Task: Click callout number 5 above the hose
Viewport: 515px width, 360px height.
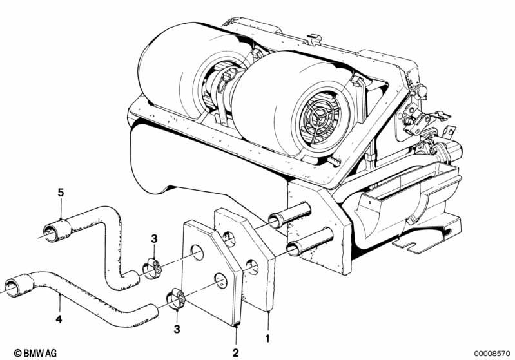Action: tap(61, 193)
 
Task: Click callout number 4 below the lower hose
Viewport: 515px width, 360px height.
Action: tap(59, 319)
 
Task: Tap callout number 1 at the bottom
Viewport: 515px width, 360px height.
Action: tap(267, 338)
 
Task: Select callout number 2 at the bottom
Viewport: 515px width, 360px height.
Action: tap(235, 353)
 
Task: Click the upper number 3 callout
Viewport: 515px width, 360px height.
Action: tap(154, 239)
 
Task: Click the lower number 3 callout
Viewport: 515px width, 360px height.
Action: tap(177, 329)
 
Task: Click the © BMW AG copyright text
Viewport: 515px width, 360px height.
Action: tap(35, 353)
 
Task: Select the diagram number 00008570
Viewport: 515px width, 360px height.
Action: tap(492, 354)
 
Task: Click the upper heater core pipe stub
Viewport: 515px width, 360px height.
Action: tap(289, 215)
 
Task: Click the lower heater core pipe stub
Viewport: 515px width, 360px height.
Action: tap(310, 242)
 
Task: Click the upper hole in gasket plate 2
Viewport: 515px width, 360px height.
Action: tap(197, 252)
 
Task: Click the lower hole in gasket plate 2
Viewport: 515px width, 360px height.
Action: tap(220, 281)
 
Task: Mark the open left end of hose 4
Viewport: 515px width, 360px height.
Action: tap(12, 288)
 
